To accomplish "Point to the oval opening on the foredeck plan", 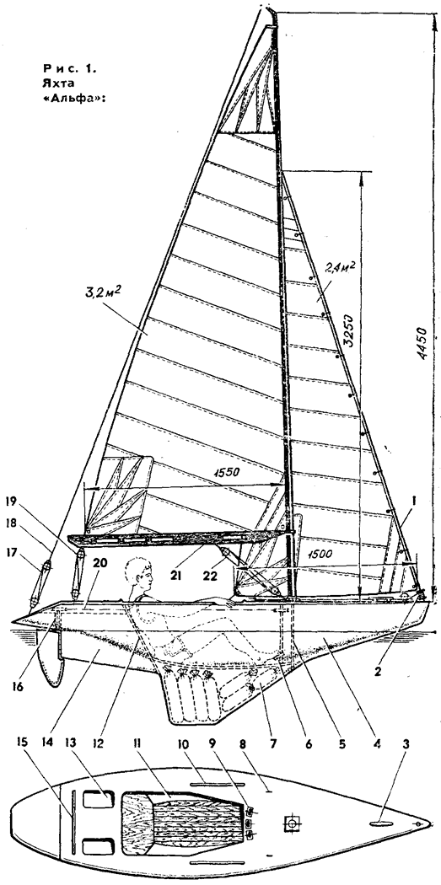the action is tap(381, 825).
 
